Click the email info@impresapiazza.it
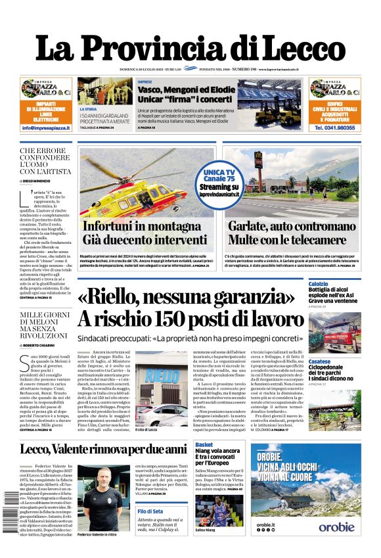(46, 128)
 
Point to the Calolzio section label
(319, 283)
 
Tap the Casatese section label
(319, 361)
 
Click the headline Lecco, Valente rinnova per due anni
(102, 449)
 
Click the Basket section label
(204, 446)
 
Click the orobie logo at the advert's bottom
(336, 526)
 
